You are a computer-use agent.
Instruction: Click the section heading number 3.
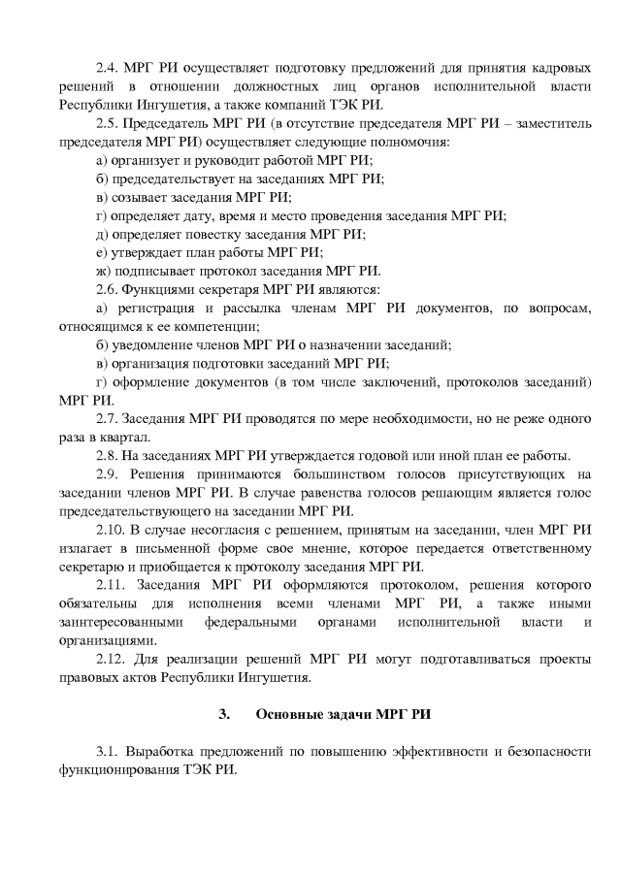point(224,715)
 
